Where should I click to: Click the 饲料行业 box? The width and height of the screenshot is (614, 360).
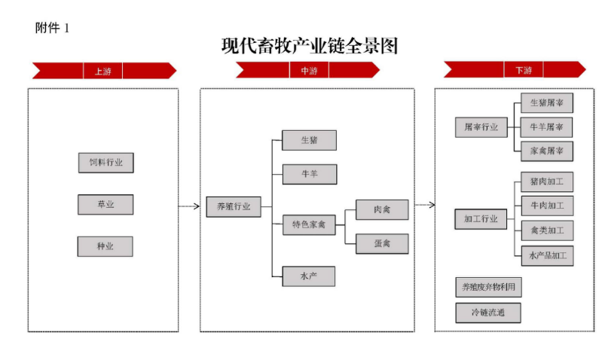(x=105, y=163)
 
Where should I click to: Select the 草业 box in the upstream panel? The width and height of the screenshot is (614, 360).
(x=105, y=204)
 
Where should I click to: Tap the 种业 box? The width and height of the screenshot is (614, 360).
(x=105, y=246)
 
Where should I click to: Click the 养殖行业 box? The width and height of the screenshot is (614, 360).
(x=234, y=206)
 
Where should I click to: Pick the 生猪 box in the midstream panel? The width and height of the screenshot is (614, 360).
(x=309, y=140)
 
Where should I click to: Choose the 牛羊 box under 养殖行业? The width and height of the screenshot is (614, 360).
(x=310, y=174)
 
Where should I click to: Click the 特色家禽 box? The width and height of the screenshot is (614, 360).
(x=309, y=224)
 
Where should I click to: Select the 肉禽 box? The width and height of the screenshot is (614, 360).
(x=382, y=209)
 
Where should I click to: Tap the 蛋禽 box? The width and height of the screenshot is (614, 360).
(x=382, y=244)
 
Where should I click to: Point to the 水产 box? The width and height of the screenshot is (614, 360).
(x=309, y=276)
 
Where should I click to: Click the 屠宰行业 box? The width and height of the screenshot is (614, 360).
(x=481, y=127)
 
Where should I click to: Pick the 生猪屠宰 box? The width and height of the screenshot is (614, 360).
(x=547, y=103)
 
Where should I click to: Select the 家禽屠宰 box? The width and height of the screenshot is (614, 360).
(x=547, y=151)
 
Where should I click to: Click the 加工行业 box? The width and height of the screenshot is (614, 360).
(x=481, y=218)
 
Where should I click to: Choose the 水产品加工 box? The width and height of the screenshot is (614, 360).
(x=548, y=256)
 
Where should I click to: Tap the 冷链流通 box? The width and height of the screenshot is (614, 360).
(x=488, y=313)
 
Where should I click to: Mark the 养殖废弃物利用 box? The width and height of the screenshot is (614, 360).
(x=488, y=287)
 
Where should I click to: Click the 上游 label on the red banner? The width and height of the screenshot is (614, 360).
(x=103, y=72)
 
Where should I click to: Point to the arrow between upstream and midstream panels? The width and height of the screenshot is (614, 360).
(x=189, y=206)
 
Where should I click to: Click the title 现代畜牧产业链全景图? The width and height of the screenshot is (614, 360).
(x=310, y=46)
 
